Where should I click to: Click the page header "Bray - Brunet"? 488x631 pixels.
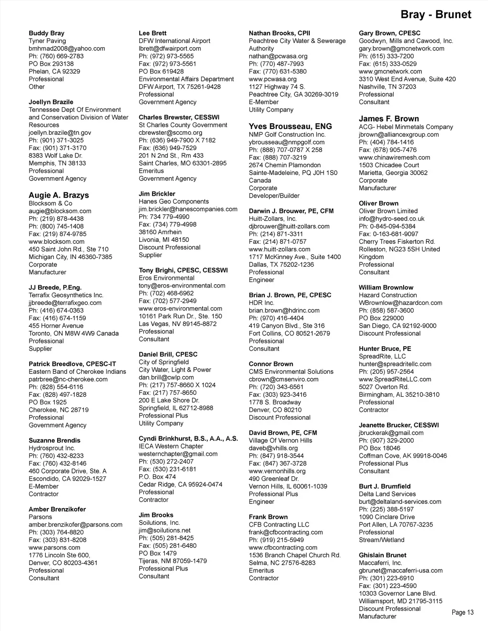[436, 14]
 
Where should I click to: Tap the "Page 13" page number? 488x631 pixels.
[462, 612]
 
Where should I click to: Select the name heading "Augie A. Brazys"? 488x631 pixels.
[59, 195]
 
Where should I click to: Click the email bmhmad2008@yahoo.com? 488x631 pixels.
[67, 49]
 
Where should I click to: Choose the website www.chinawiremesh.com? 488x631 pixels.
[394, 158]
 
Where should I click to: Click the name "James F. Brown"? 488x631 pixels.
[389, 119]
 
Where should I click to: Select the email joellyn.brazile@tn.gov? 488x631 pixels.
[60, 133]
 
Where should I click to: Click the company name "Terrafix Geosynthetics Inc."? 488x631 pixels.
[66, 295]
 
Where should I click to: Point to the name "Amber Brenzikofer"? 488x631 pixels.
[57, 509]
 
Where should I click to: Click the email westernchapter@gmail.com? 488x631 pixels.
[178, 454]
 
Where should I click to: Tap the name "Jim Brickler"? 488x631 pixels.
[157, 194]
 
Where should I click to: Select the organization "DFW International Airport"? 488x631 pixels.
[174, 41]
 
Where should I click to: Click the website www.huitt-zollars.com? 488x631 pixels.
[279, 249]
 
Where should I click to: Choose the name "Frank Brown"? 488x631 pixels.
[268, 517]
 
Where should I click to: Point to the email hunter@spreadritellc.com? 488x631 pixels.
[395, 364]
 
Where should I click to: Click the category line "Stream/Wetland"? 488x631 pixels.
[381, 540]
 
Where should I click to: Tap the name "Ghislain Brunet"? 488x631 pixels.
[383, 555]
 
